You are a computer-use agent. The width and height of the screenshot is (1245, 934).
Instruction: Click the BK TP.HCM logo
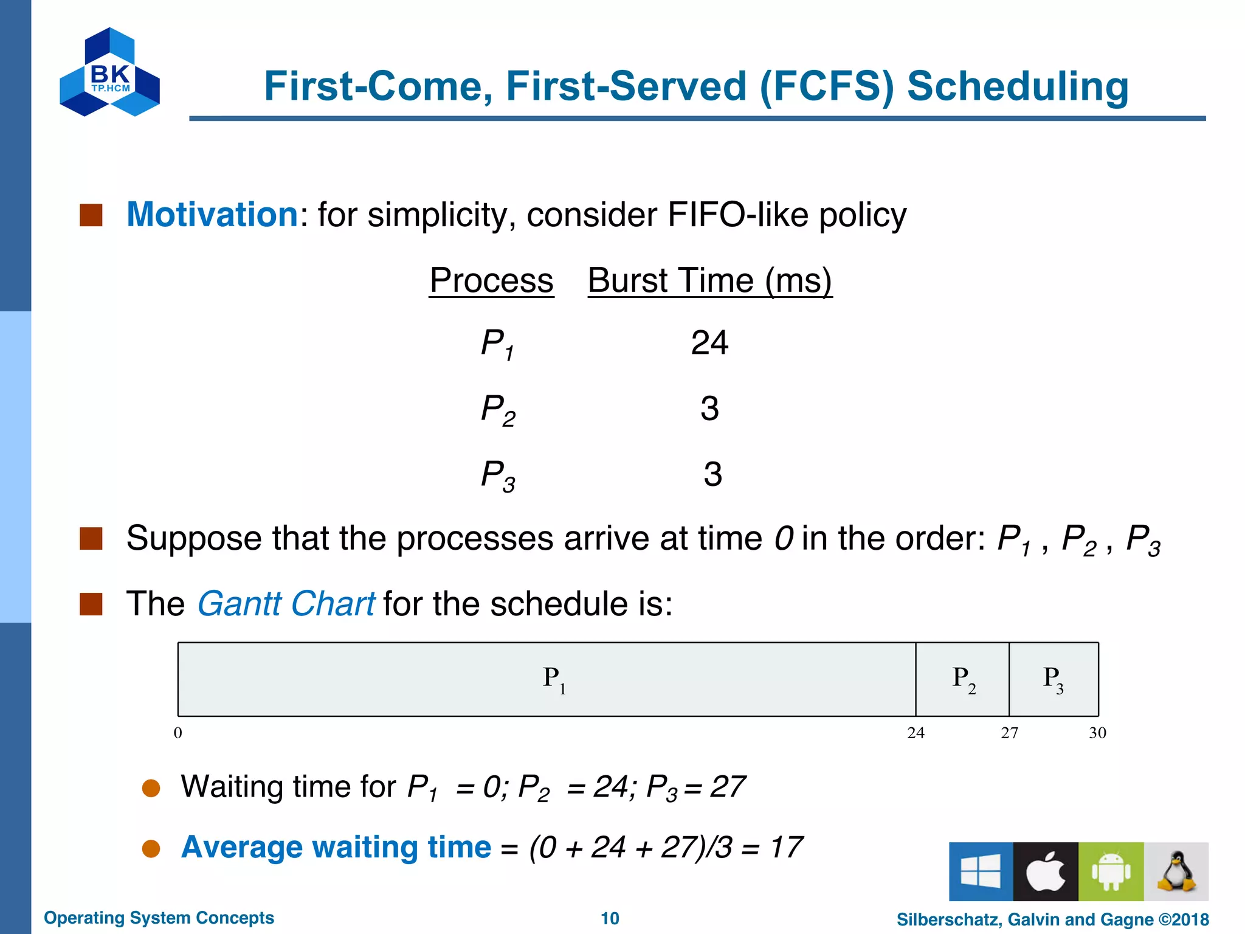tap(110, 72)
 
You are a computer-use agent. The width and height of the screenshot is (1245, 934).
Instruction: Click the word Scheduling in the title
tap(1017, 86)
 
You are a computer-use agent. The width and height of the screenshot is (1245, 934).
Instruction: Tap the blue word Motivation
tap(212, 215)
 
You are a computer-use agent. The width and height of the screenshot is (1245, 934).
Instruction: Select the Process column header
tap(491, 281)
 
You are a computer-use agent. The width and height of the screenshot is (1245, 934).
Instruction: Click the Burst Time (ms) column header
tap(709, 281)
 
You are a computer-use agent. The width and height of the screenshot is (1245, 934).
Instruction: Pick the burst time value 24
tap(709, 343)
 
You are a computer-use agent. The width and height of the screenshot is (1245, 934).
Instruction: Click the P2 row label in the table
tap(497, 409)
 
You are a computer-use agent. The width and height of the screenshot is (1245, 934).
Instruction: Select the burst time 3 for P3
tap(712, 474)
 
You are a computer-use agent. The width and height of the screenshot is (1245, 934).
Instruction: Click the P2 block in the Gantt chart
tap(962, 679)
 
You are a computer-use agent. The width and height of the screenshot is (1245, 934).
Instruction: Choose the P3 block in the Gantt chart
tap(1054, 679)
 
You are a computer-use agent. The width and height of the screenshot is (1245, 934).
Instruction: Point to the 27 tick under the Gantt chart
tap(1009, 733)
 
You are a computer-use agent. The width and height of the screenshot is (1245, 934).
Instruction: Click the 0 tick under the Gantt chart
tap(178, 733)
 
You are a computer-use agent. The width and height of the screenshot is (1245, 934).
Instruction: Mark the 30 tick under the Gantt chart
tap(1097, 733)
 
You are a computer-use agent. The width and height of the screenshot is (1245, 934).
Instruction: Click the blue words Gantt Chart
tap(286, 604)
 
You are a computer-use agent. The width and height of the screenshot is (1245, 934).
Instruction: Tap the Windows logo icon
tap(981, 871)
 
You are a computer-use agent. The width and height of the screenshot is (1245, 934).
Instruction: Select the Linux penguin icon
tap(1176, 871)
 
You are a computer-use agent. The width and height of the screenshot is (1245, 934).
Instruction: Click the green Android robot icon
tap(1111, 871)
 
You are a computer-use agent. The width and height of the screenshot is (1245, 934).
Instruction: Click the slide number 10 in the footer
tap(610, 918)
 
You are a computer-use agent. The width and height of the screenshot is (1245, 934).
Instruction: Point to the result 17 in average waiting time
tap(786, 847)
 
